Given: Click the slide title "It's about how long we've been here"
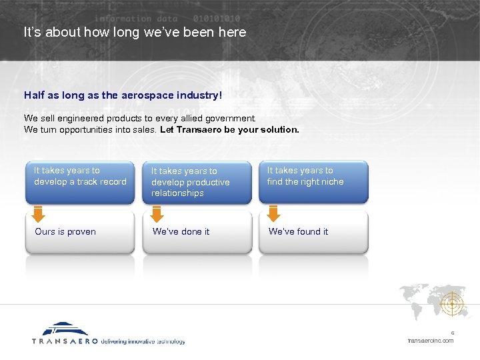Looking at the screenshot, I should [x=135, y=32].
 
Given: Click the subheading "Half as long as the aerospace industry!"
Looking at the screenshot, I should [x=123, y=95].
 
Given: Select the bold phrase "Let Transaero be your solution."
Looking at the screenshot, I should [x=229, y=129].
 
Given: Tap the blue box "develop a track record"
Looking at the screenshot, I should [x=80, y=181].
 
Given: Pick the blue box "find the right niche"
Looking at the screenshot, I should [x=313, y=181].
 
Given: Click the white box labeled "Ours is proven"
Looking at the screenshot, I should [x=80, y=232].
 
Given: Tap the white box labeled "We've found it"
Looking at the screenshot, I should [x=313, y=232].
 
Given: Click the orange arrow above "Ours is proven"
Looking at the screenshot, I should [x=39, y=214].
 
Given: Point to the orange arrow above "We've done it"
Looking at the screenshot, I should [x=157, y=214].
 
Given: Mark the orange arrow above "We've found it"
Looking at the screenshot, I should [x=273, y=214].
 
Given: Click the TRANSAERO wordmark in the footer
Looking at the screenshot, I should [x=65, y=341].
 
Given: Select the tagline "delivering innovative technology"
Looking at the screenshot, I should [x=143, y=341].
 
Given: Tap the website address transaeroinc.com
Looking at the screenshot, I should [x=431, y=341].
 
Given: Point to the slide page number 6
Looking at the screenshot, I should [x=452, y=333].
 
